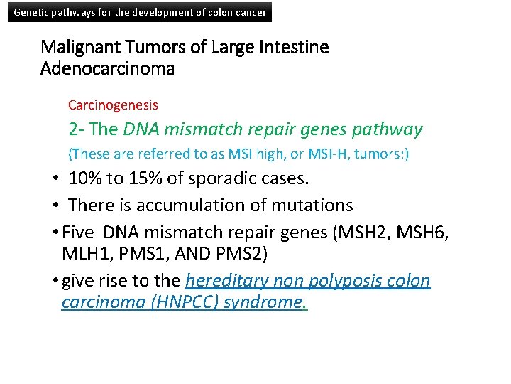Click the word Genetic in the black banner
coord(31,12)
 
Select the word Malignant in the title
coord(79,48)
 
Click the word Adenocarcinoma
coord(108,70)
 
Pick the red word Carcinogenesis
coord(113,105)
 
